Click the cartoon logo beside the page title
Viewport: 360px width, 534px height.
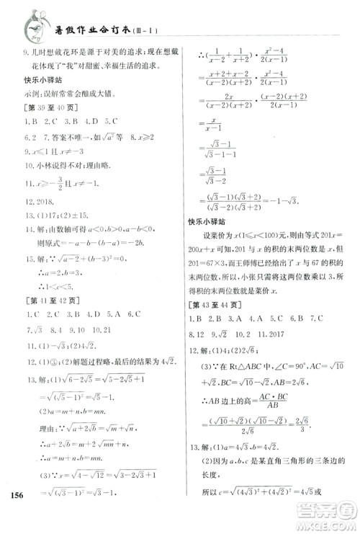[33, 23]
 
